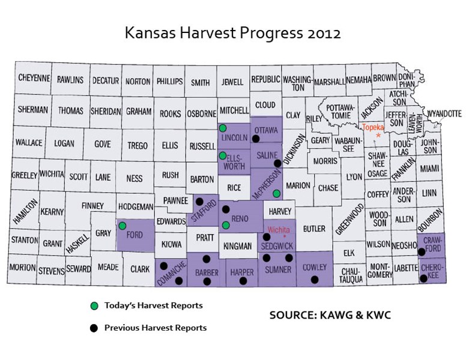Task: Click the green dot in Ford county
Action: (x=122, y=226)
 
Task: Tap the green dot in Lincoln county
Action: (x=223, y=128)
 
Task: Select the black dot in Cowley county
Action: (x=314, y=280)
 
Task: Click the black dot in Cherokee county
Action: (x=423, y=278)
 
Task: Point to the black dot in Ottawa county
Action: (x=255, y=139)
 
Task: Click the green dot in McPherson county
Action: (x=276, y=193)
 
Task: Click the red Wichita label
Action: (x=278, y=230)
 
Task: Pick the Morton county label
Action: (x=22, y=268)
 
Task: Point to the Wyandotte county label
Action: (x=444, y=113)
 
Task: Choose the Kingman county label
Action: (x=238, y=246)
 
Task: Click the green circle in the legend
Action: (x=94, y=306)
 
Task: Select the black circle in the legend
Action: (x=94, y=328)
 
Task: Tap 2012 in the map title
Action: (x=323, y=33)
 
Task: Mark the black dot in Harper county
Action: (x=243, y=280)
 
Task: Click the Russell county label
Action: (x=202, y=145)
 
